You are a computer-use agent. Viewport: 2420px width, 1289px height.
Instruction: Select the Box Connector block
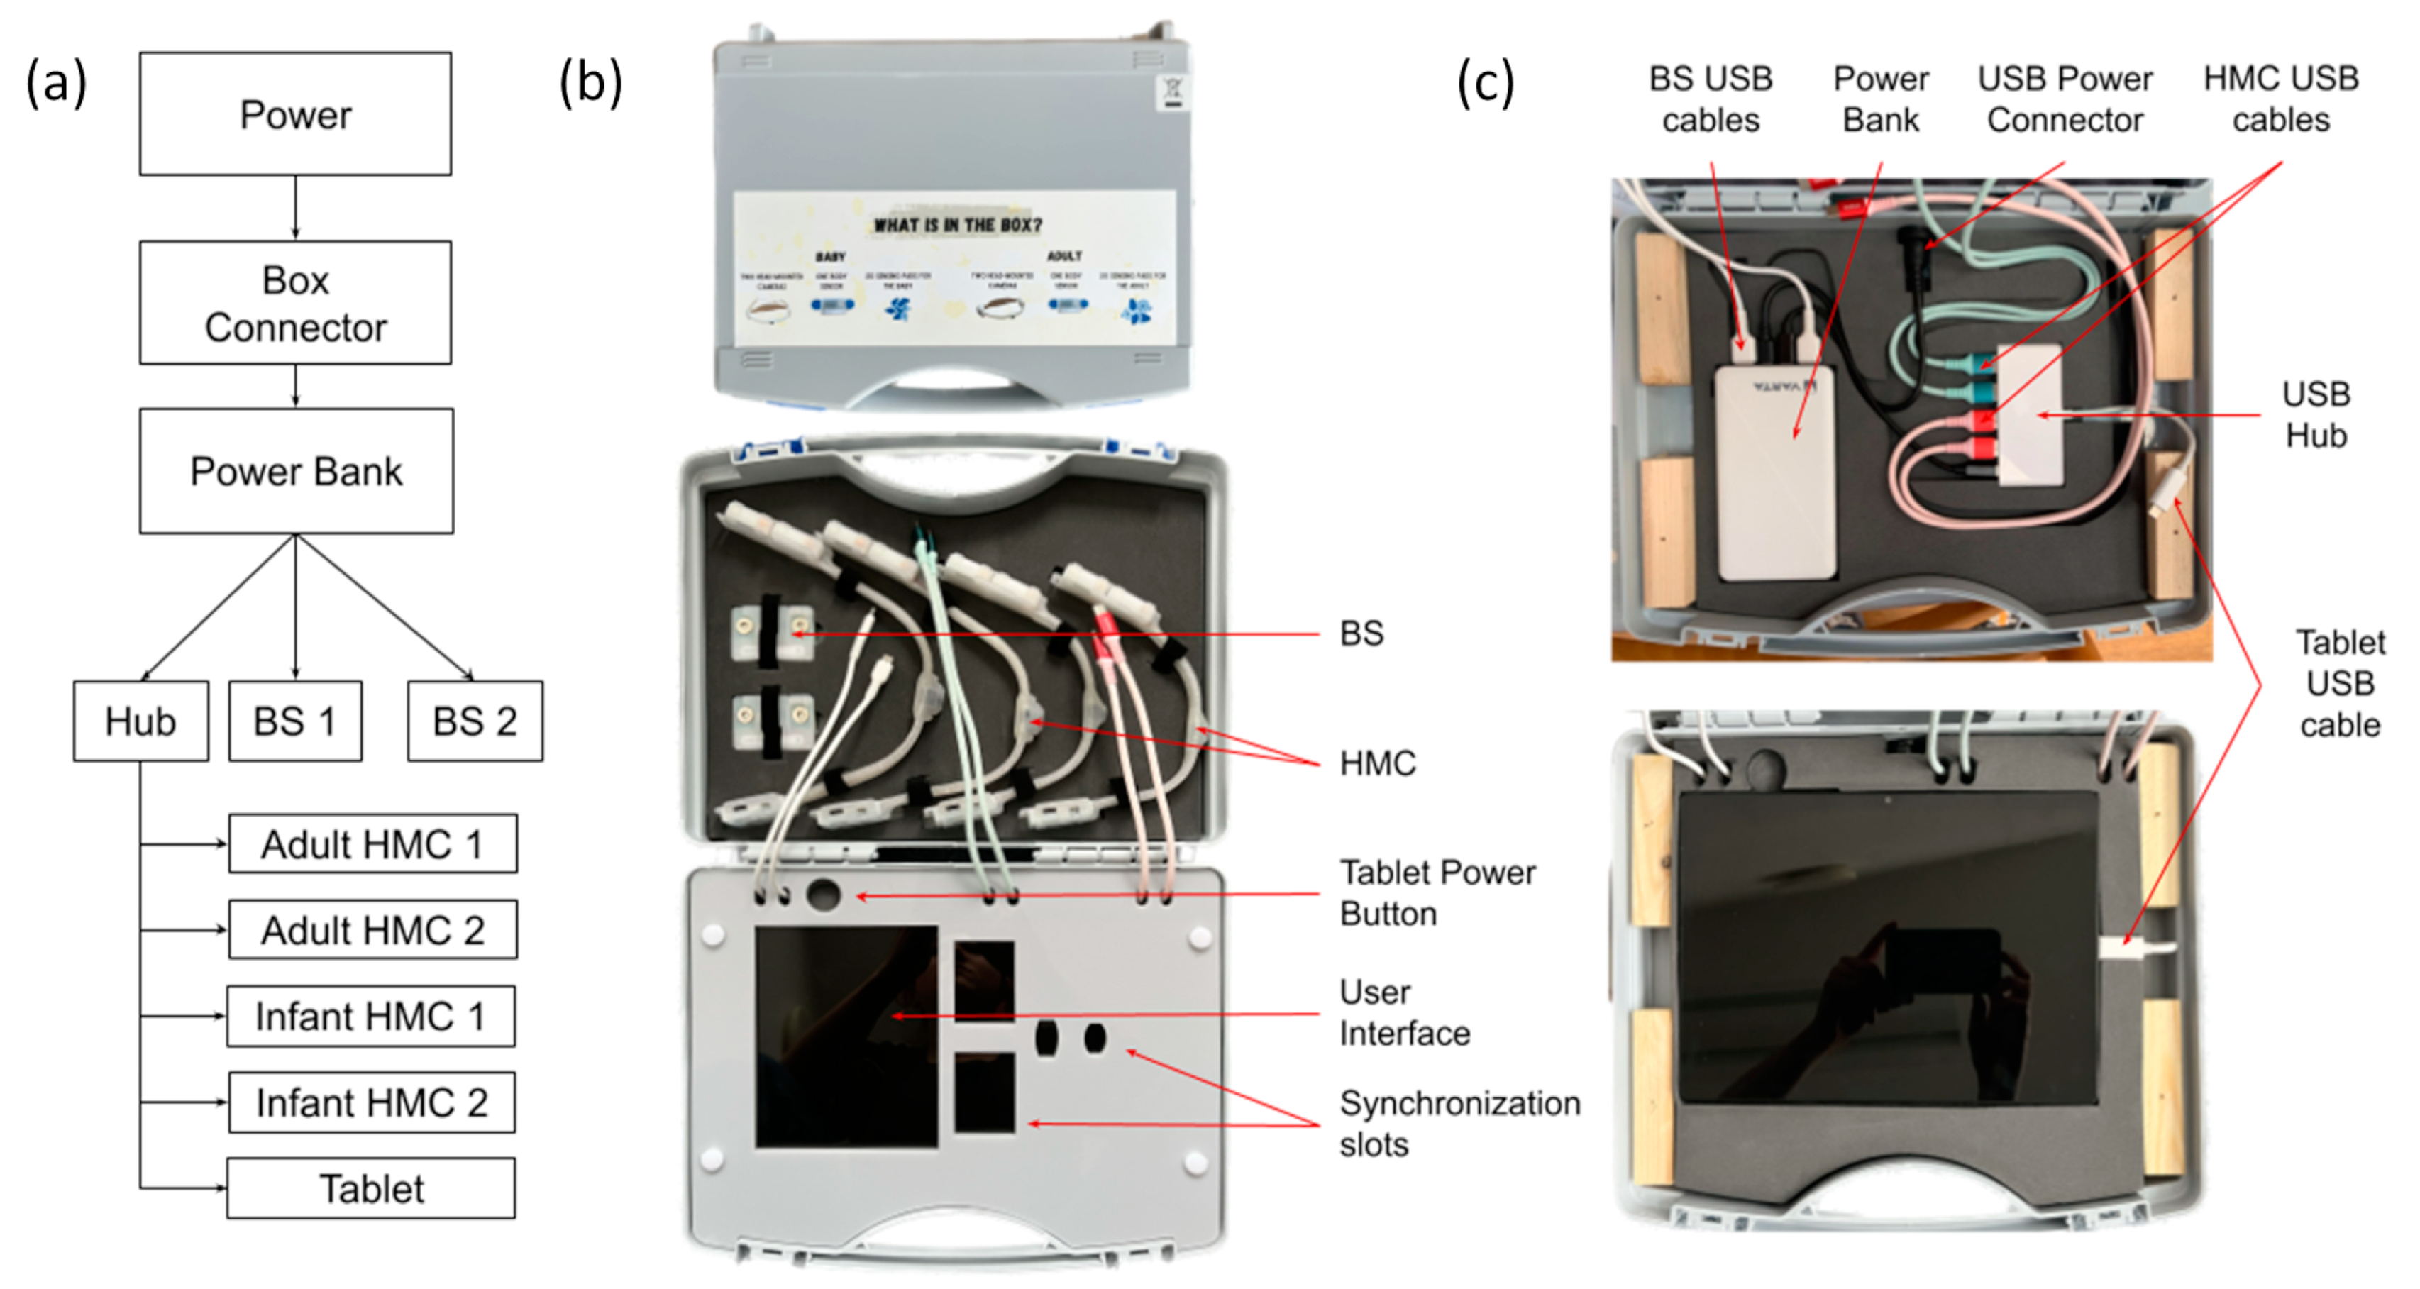(295, 302)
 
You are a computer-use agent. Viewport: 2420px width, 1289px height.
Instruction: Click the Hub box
(141, 721)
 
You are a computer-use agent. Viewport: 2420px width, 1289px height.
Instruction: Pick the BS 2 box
(475, 721)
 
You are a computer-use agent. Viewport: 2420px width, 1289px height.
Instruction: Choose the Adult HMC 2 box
(372, 929)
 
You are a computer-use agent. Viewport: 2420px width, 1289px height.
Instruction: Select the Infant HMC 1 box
(370, 1016)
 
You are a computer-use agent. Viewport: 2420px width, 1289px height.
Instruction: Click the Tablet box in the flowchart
(370, 1188)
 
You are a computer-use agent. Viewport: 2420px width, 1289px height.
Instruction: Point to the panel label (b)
(590, 83)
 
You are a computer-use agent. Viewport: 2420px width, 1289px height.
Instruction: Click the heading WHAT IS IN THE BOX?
(957, 226)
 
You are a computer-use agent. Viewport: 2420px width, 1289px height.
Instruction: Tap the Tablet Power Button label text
(1437, 892)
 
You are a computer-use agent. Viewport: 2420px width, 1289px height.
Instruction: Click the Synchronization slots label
(1459, 1123)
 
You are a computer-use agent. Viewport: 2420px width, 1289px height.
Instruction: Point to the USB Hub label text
(2316, 414)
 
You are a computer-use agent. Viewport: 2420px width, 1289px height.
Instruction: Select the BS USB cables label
(1710, 99)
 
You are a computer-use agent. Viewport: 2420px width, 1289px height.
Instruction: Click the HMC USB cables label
(2280, 99)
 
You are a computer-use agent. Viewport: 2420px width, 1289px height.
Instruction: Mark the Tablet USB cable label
(2339, 683)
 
